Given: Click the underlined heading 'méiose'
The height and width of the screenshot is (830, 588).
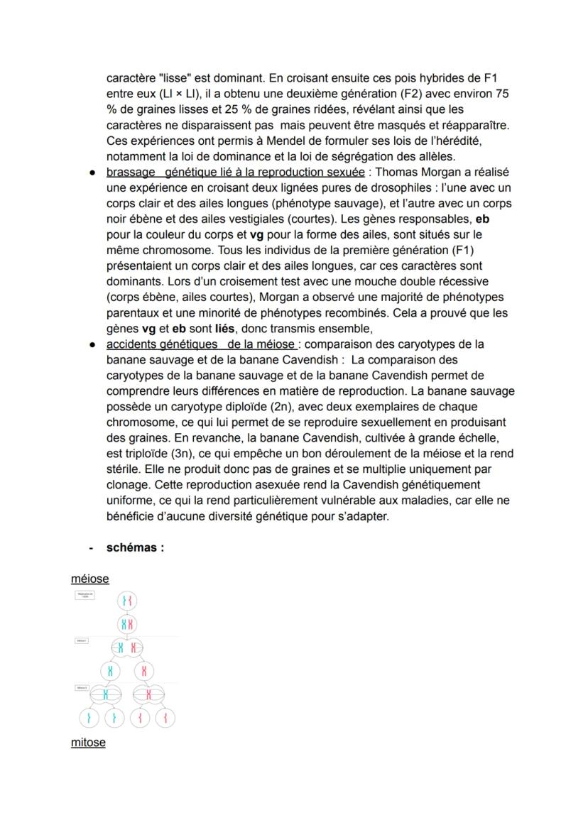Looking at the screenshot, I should tap(89, 579).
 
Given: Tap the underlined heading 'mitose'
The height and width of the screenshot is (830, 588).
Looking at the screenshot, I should tap(88, 743).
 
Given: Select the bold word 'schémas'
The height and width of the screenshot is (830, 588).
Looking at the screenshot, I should tap(132, 547).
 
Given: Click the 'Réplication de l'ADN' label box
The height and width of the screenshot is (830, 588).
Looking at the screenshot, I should tap(85, 595).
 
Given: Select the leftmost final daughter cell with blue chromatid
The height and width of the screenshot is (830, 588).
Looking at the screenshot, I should tap(89, 719).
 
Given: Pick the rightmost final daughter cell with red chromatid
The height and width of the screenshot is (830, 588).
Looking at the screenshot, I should tap(165, 719).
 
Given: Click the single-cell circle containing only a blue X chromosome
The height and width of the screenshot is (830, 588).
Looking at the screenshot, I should tap(110, 670).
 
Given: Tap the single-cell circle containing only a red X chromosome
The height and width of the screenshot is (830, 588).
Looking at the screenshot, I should tap(144, 670).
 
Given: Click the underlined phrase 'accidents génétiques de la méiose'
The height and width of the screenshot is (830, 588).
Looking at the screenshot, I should tap(202, 344).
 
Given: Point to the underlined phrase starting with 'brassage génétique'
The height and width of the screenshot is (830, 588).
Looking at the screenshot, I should tap(235, 173).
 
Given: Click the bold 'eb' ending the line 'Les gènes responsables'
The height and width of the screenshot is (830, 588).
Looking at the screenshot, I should tap(482, 219).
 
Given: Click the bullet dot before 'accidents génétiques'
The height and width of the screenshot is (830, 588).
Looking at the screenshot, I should tap(92, 344).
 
